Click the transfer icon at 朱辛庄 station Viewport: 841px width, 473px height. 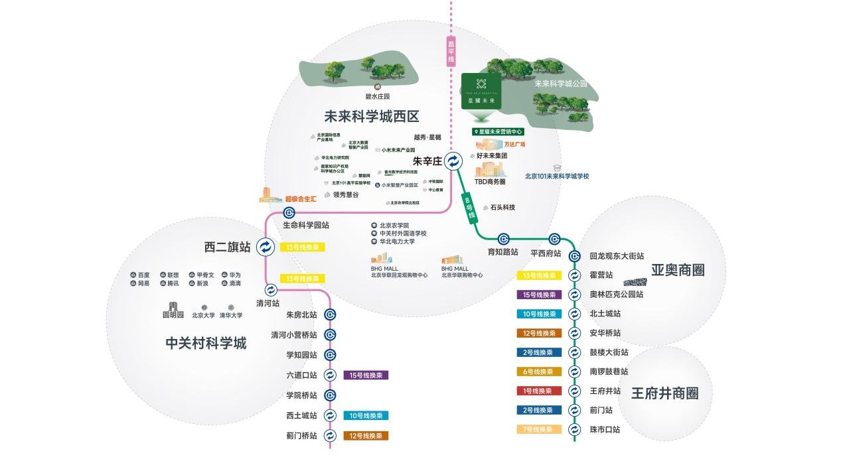[453, 161]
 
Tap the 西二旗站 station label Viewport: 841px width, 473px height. [228, 247]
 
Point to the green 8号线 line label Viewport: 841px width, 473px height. [470, 208]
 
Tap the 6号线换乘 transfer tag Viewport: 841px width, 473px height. [538, 372]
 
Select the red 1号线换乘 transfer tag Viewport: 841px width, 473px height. [538, 391]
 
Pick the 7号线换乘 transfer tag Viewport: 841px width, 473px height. [538, 429]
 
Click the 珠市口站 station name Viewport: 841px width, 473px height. [605, 429]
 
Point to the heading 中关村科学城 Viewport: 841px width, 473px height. [206, 343]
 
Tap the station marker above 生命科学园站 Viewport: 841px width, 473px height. [289, 213]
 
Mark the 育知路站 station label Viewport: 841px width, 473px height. [502, 253]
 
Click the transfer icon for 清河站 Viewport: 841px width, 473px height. [271, 290]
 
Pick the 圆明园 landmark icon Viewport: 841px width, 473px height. [173, 306]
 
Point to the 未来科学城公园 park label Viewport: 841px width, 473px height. [561, 84]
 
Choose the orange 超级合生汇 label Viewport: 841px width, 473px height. [301, 198]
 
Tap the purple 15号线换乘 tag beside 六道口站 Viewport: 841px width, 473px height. [366, 375]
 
